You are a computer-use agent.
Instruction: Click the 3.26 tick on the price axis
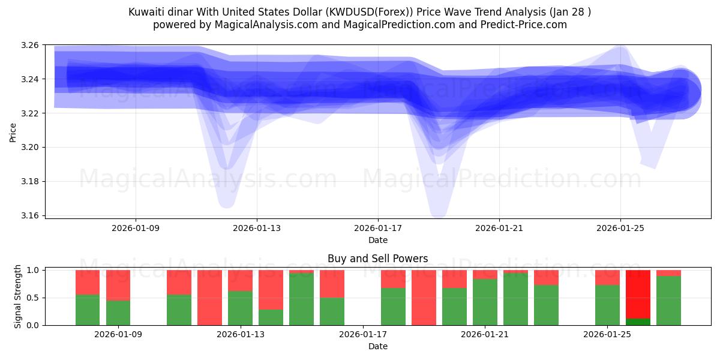pyautogui.click(x=31, y=46)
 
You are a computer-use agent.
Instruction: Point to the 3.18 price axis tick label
pyautogui.click(x=31, y=182)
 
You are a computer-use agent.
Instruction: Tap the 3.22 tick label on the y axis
pyautogui.click(x=31, y=113)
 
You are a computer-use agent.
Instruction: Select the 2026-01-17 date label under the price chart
pyautogui.click(x=378, y=228)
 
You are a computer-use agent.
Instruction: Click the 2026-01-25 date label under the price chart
pyautogui.click(x=620, y=228)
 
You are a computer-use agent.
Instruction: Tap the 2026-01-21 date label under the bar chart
pyautogui.click(x=485, y=334)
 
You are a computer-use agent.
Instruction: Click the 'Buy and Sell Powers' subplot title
pyautogui.click(x=378, y=259)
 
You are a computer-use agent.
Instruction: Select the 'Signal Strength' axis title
pyautogui.click(x=18, y=296)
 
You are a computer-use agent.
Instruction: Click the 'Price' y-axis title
pyautogui.click(x=13, y=132)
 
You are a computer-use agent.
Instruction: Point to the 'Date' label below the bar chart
pyautogui.click(x=378, y=346)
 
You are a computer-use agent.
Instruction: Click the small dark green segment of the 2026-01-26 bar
pyautogui.click(x=638, y=322)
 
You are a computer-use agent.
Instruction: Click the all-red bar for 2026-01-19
pyautogui.click(x=424, y=298)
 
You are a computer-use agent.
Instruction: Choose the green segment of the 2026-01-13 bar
pyautogui.click(x=240, y=308)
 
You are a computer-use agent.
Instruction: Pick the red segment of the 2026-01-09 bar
pyautogui.click(x=118, y=285)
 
